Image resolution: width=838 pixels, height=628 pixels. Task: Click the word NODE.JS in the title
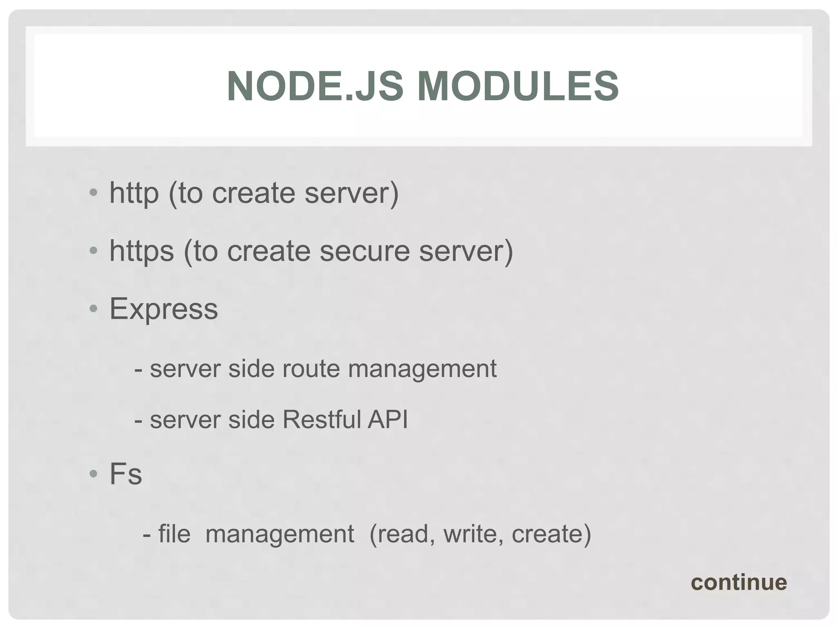coord(315,86)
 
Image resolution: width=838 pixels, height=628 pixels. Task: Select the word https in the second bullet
coord(142,251)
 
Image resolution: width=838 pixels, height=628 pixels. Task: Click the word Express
coord(164,309)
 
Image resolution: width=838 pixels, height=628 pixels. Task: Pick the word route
coord(311,368)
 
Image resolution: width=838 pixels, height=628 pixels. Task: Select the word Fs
coord(126,474)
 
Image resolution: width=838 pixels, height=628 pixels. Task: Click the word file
coord(174,534)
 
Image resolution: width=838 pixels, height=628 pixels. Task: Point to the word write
coord(473,534)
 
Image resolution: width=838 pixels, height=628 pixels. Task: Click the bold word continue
coord(739,583)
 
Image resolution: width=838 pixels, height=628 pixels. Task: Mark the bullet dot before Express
coord(94,309)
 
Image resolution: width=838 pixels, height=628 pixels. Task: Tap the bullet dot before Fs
coord(94,474)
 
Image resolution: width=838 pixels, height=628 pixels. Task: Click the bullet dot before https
coord(94,251)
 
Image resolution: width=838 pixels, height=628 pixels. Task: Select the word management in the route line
coord(422,369)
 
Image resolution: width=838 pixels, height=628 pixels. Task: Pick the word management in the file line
coord(279,534)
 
